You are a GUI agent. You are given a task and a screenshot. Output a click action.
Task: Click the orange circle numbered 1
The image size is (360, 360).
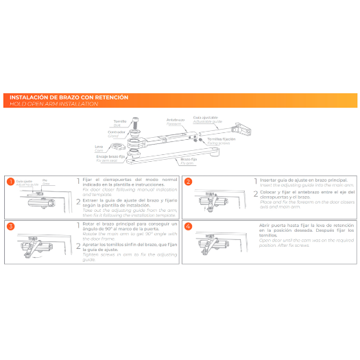pos(10,182)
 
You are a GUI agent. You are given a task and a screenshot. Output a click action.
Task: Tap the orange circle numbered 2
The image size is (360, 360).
pos(188,182)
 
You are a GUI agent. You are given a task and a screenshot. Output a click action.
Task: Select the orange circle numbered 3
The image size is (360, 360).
pos(10,226)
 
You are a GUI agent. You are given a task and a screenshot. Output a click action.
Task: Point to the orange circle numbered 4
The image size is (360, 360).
pos(188,226)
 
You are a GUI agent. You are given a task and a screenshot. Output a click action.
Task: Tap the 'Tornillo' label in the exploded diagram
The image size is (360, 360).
pos(120,121)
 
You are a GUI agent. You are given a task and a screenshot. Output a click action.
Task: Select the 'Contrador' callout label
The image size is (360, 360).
pos(117,132)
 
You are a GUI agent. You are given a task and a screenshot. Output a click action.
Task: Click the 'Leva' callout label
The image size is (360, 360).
pos(99,145)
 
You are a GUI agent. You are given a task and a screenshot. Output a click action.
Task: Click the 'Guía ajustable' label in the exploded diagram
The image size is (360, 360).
pos(206,117)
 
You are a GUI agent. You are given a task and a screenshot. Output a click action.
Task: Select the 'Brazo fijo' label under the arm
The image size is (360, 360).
pos(189,160)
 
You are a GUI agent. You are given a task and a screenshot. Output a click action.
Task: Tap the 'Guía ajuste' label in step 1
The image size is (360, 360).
pos(24,180)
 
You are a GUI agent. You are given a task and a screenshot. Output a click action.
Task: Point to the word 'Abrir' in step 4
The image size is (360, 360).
pos(266,224)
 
